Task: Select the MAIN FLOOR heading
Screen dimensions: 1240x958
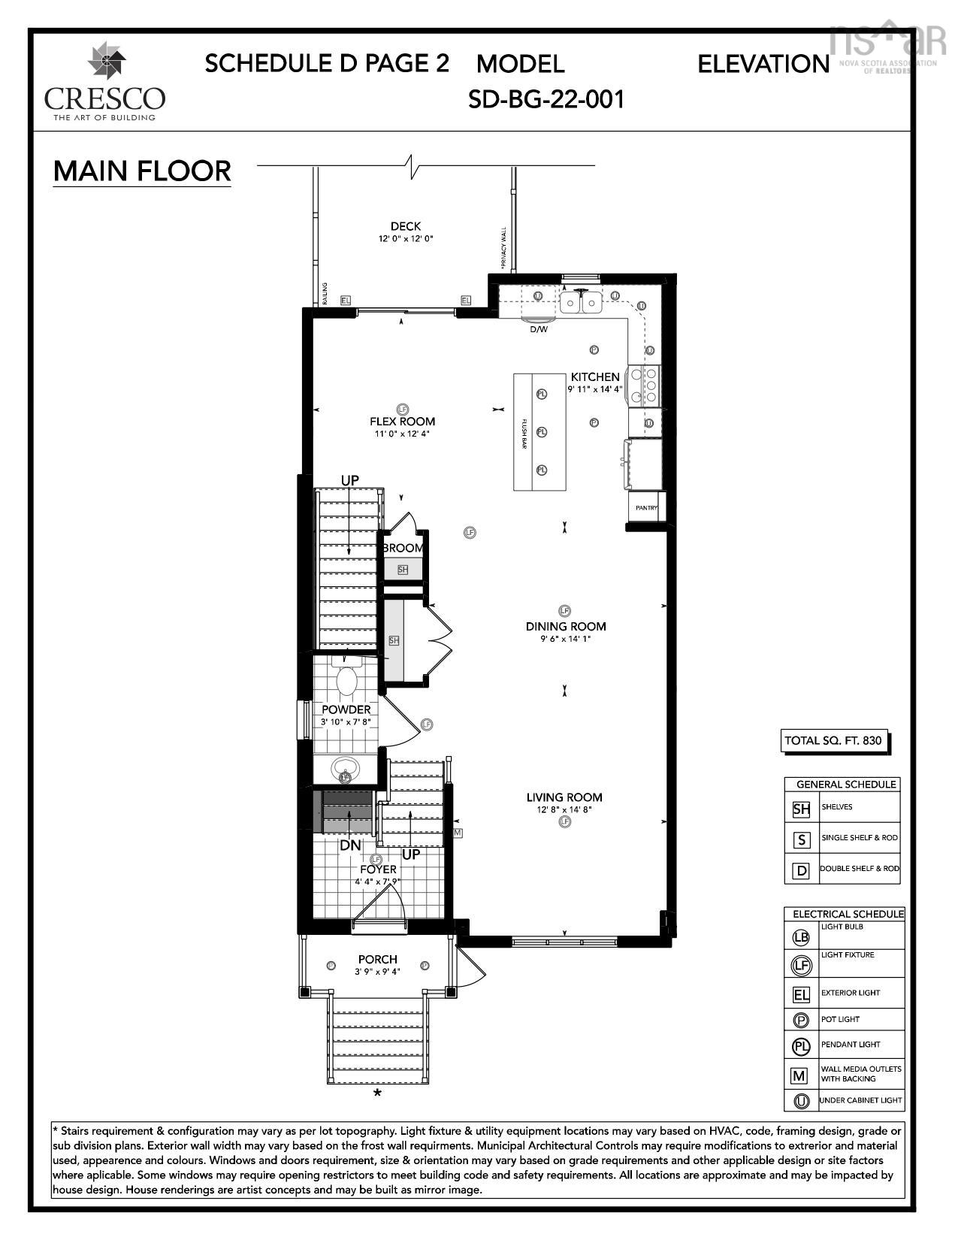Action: (142, 171)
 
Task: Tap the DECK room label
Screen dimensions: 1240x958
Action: (406, 226)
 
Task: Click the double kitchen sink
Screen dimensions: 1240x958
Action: (581, 303)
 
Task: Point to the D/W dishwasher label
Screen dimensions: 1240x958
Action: (539, 329)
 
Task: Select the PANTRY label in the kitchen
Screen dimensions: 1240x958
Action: (646, 508)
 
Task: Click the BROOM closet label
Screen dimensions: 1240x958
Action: (403, 549)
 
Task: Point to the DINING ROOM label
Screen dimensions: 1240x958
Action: (565, 626)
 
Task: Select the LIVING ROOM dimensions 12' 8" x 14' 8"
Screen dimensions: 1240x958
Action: (564, 810)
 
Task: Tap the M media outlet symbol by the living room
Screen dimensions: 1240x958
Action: (458, 833)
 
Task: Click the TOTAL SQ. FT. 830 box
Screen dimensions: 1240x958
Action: (823, 741)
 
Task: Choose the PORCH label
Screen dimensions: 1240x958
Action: (377, 960)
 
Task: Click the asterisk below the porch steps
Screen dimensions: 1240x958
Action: (378, 1093)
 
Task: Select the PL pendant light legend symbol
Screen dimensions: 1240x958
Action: (801, 1045)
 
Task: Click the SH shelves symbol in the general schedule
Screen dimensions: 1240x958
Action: (801, 809)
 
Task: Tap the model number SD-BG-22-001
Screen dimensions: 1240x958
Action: (546, 99)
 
